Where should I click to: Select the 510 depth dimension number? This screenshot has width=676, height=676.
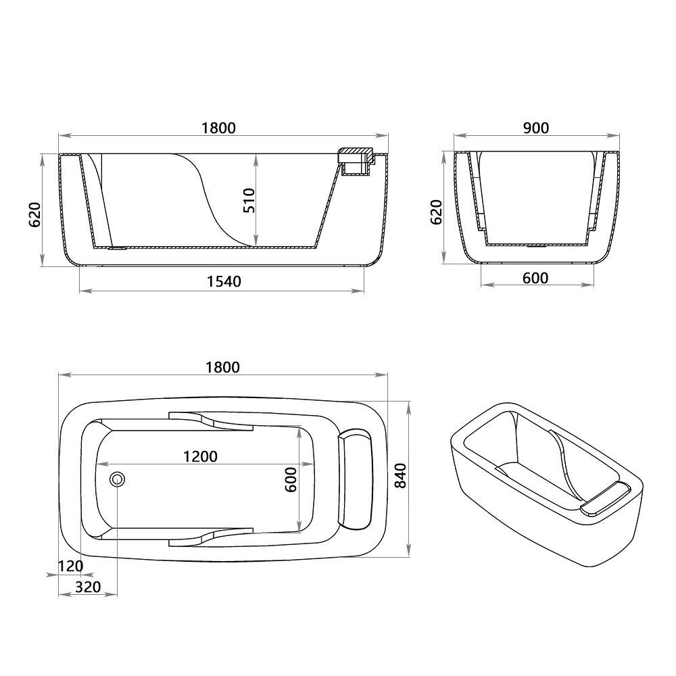[x=249, y=201]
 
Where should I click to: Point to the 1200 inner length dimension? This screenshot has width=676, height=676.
[x=200, y=456]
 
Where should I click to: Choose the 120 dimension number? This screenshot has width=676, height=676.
[x=70, y=565]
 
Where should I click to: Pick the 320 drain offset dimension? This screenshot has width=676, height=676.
[x=87, y=587]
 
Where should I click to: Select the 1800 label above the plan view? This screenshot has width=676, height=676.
[x=222, y=367]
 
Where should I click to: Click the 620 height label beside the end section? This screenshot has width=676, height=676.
[x=437, y=212]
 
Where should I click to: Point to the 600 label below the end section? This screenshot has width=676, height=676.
[x=535, y=278]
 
